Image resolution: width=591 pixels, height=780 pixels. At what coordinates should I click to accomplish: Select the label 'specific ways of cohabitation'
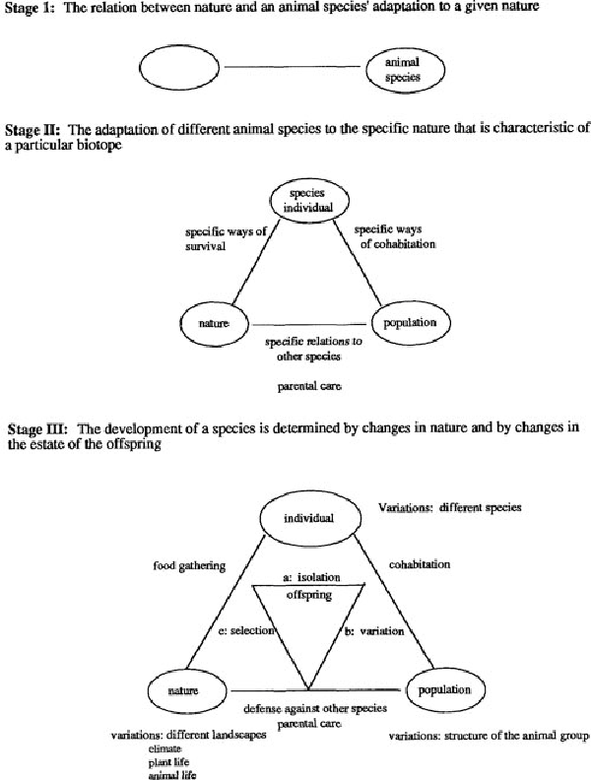point(394,236)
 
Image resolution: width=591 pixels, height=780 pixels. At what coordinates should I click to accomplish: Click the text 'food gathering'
point(190,565)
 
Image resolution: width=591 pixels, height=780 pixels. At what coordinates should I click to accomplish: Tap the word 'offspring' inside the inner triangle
point(310,596)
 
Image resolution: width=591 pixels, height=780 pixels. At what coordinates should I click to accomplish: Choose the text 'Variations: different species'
point(449,508)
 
